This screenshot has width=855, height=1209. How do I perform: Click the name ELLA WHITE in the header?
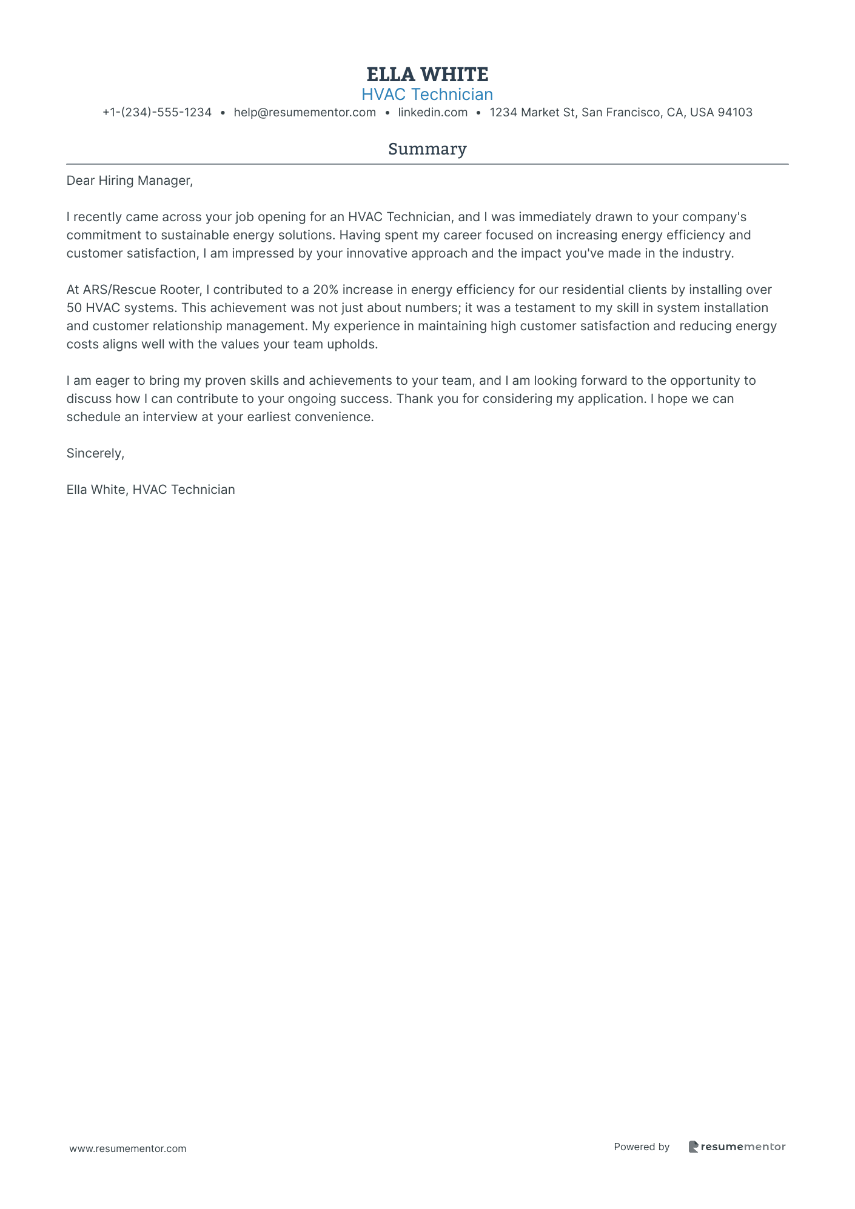(427, 75)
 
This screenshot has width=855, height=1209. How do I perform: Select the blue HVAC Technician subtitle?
(427, 95)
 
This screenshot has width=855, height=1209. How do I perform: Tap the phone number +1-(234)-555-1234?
(157, 112)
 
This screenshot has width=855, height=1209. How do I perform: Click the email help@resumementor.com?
(304, 112)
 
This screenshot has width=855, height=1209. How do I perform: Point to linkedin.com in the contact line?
(432, 112)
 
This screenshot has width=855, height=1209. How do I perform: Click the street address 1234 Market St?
(533, 112)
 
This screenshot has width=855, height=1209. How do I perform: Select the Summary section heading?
(427, 149)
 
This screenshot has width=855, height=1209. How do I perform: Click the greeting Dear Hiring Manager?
(129, 181)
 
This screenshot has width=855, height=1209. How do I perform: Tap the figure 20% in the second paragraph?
(326, 290)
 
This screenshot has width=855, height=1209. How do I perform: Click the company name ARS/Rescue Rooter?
(141, 290)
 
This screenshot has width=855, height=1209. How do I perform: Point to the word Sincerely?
(95, 453)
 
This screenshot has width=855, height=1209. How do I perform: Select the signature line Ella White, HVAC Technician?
(150, 490)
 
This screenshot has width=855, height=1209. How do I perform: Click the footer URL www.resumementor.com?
(128, 1148)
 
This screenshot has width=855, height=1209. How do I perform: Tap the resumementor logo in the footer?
(737, 1147)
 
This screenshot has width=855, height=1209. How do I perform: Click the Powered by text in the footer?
(642, 1147)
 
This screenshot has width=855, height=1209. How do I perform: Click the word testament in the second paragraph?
(544, 308)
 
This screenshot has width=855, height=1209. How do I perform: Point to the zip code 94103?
(735, 112)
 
